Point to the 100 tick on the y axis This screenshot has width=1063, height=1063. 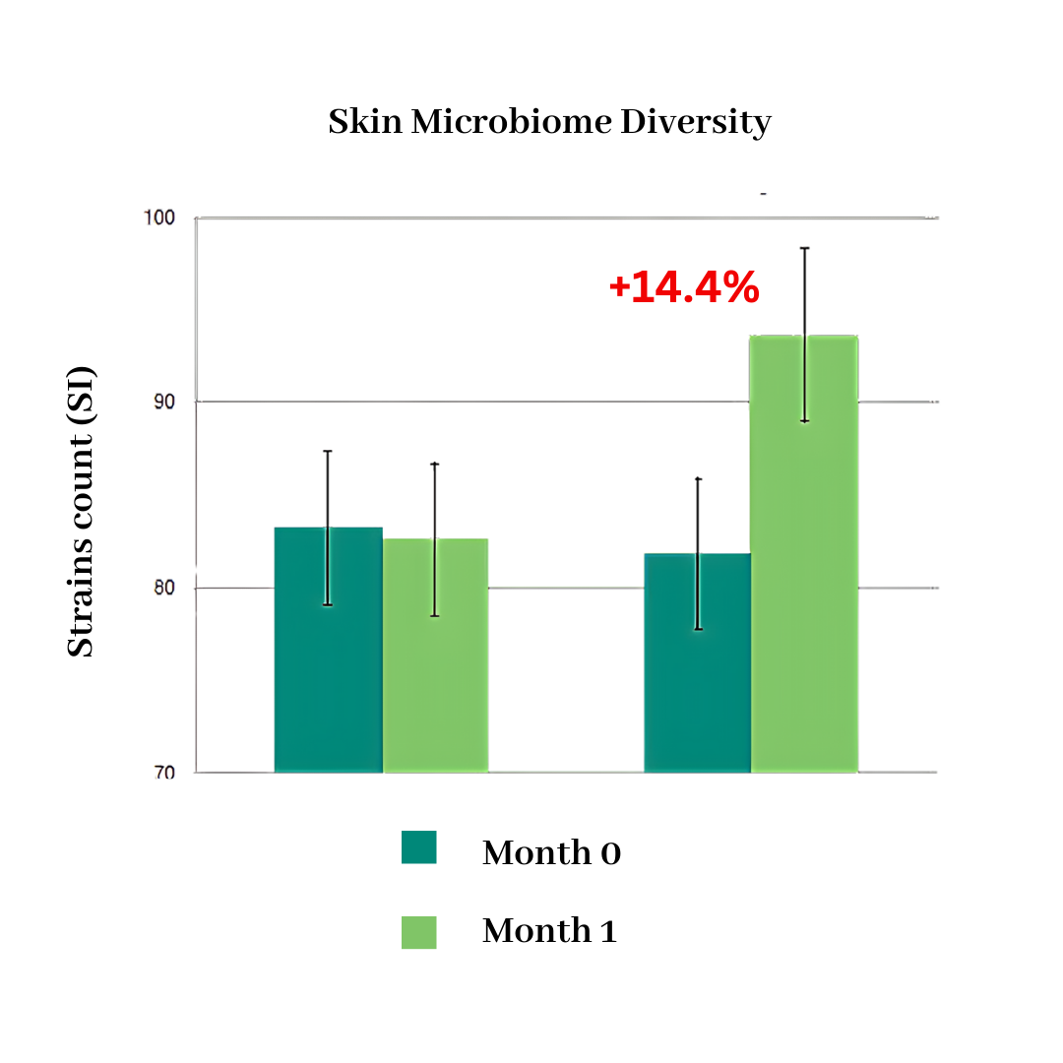point(160,217)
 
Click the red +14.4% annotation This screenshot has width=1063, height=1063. point(684,287)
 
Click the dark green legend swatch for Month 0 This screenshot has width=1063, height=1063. point(418,847)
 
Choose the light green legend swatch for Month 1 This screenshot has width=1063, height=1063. point(418,931)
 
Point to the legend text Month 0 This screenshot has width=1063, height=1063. point(551,852)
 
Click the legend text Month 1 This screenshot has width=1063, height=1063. point(549,931)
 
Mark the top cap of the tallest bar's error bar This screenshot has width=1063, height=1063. point(804,248)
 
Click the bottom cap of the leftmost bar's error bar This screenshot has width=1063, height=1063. point(328,604)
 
